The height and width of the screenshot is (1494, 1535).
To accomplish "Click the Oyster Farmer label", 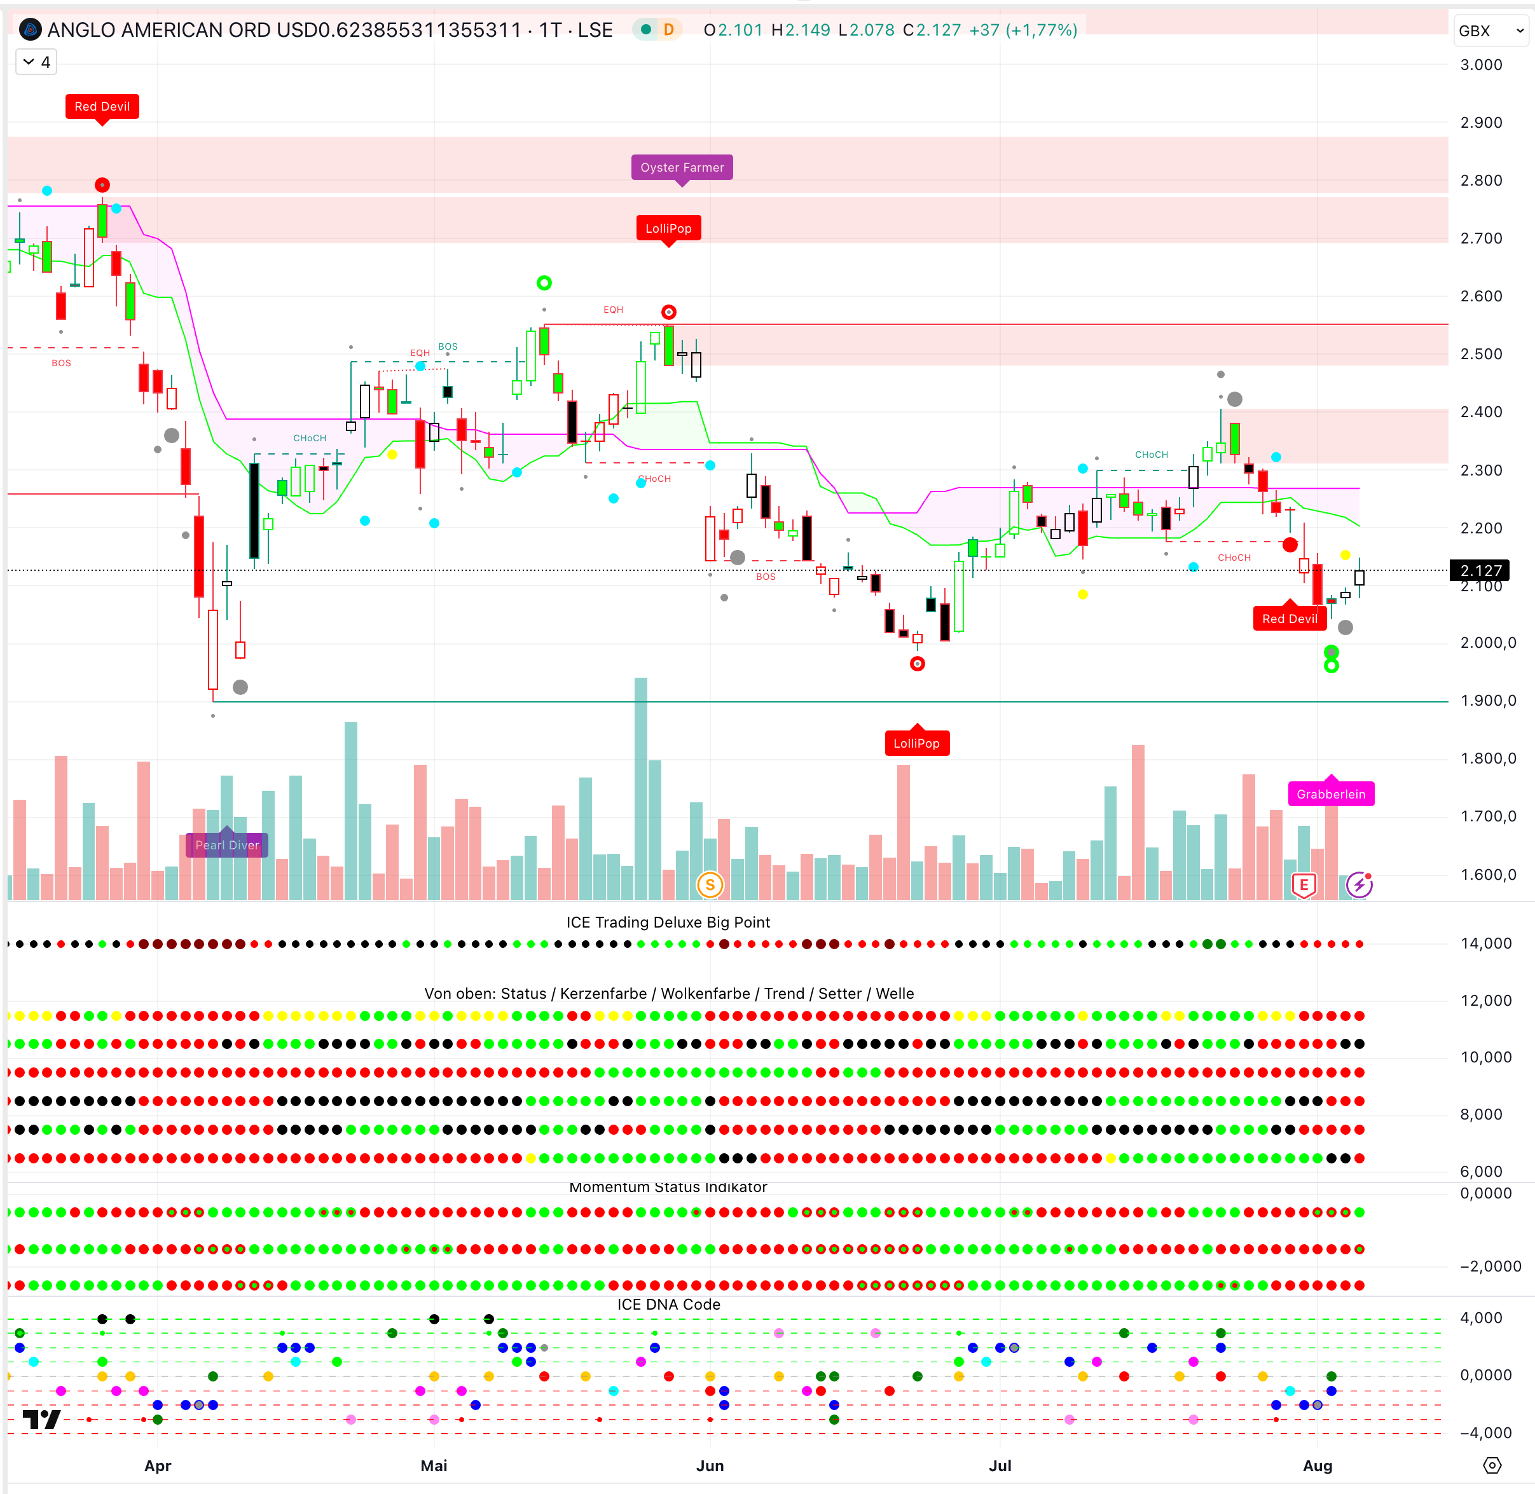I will tap(681, 167).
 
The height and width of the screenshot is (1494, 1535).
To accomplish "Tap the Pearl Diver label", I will tap(227, 845).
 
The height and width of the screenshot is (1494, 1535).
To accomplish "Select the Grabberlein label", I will tap(1330, 794).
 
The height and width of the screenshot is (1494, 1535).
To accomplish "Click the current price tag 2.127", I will tap(1480, 570).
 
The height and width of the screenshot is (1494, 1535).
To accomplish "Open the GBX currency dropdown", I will tap(1490, 31).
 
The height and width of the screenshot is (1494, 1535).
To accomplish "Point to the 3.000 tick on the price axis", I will tap(1481, 64).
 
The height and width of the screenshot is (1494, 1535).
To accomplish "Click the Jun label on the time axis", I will tap(710, 1465).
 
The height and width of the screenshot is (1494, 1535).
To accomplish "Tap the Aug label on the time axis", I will tap(1317, 1465).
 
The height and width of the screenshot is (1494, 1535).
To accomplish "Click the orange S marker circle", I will tap(710, 885).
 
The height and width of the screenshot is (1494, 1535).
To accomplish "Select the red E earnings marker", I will tap(1304, 885).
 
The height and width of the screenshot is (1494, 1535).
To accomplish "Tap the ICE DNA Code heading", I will tap(668, 1304).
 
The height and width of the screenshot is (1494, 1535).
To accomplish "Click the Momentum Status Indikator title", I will tap(668, 1187).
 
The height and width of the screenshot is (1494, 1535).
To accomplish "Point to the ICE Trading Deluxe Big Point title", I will tap(668, 922).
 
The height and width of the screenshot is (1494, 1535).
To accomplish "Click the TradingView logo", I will tap(41, 1420).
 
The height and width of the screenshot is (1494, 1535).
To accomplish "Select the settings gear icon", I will tap(1492, 1465).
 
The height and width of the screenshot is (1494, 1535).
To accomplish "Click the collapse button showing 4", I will tap(37, 62).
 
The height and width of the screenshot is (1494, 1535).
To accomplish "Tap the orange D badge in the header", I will tap(668, 30).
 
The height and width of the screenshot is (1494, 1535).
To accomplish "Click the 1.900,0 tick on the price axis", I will tap(1487, 700).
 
